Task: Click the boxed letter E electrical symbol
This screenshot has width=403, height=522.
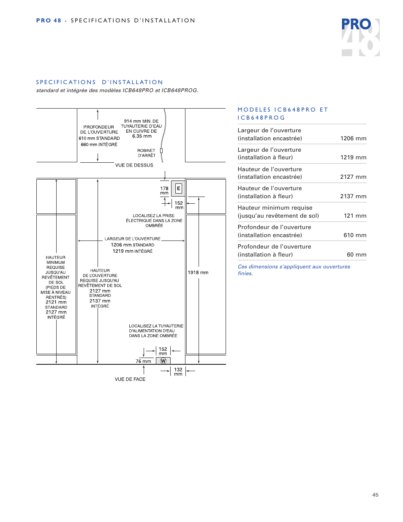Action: click(x=178, y=189)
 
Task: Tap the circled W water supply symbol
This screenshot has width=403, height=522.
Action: click(x=163, y=361)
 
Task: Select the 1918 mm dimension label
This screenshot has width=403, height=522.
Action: click(x=198, y=272)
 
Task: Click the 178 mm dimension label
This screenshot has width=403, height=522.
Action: click(x=164, y=191)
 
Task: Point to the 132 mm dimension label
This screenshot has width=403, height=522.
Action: click(x=178, y=372)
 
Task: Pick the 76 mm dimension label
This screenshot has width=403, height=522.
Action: click(x=143, y=361)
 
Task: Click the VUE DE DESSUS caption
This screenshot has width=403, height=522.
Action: click(x=134, y=165)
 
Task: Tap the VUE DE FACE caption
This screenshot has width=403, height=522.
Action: click(x=130, y=379)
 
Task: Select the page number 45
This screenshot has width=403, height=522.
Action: click(x=376, y=495)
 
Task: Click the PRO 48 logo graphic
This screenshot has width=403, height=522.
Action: click(x=360, y=37)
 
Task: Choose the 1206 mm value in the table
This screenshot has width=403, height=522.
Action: click(x=353, y=138)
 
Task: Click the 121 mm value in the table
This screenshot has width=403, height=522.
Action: click(x=355, y=216)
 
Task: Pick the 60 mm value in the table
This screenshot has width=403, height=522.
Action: click(x=357, y=254)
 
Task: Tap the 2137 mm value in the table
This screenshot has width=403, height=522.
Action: click(x=353, y=196)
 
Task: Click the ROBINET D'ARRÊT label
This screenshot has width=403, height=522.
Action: click(x=147, y=153)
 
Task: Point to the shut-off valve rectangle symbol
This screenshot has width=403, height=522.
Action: click(x=161, y=150)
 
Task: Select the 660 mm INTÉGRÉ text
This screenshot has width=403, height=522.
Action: click(x=99, y=145)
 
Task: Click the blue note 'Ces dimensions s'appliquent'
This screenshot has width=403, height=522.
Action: click(x=294, y=270)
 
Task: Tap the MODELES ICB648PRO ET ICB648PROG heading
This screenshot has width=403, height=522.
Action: click(x=283, y=114)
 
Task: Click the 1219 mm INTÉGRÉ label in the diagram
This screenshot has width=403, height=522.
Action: click(x=133, y=251)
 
